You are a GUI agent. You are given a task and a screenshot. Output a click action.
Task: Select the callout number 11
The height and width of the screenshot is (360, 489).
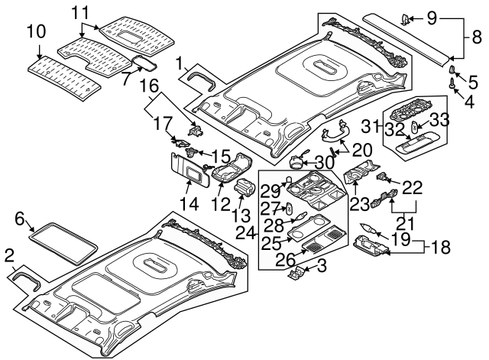point(80,13)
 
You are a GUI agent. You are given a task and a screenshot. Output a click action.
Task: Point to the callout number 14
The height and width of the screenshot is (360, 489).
point(188,204)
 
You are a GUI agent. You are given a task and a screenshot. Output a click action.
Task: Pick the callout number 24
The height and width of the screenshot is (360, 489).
point(245,230)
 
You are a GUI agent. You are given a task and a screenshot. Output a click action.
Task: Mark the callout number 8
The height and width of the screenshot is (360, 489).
point(474,36)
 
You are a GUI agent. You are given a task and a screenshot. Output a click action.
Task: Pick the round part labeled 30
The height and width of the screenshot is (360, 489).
point(298,160)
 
